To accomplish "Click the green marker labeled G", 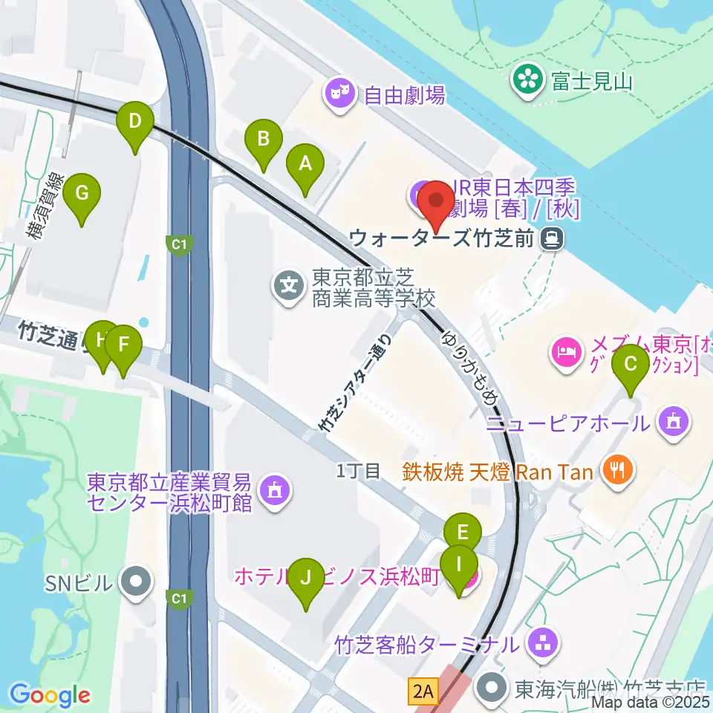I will coord(82,195).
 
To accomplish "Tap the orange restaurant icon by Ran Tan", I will coord(618,469).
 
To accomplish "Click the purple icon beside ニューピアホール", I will coord(674,423).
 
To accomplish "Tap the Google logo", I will coord(50,694).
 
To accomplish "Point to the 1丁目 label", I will coord(358,469).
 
